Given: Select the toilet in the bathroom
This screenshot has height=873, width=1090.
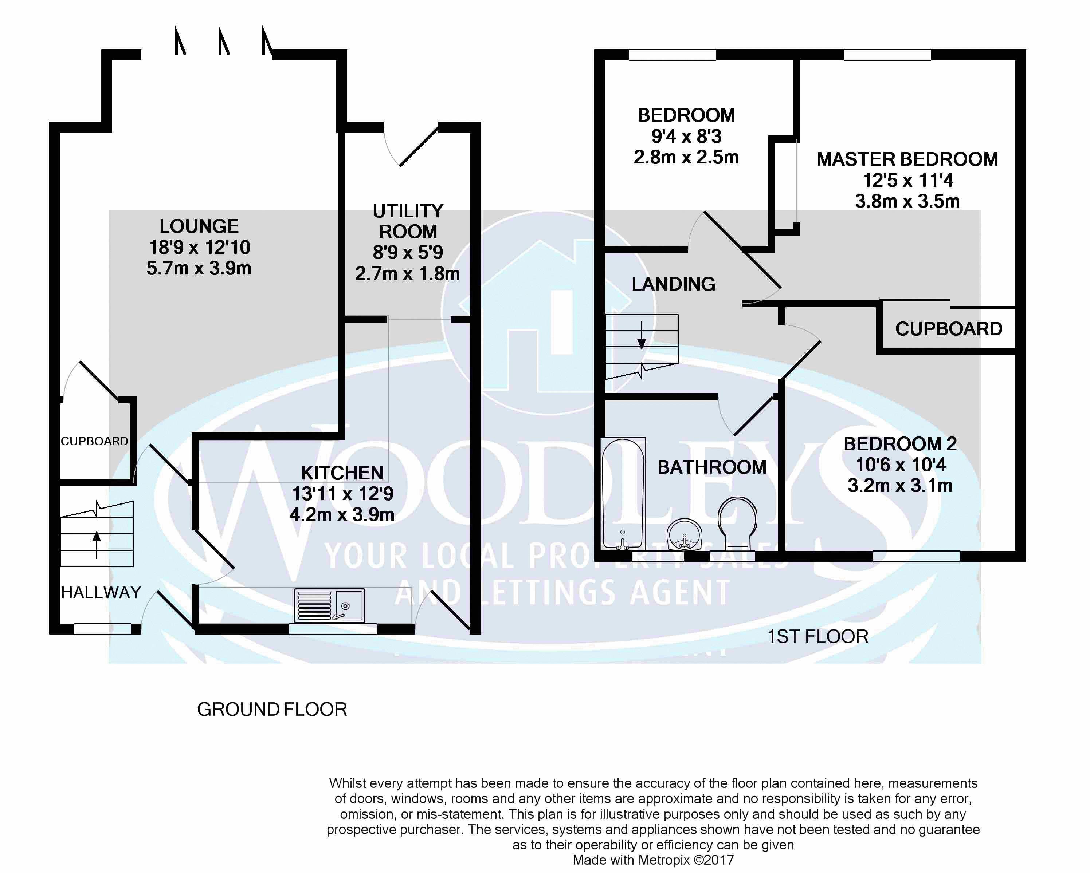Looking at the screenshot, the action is click(x=738, y=524).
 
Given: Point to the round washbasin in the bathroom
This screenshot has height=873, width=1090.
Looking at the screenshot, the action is click(x=684, y=535).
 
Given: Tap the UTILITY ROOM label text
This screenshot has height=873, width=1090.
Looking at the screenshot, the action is click(x=408, y=221).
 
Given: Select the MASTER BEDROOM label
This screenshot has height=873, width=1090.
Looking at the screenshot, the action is click(x=907, y=159).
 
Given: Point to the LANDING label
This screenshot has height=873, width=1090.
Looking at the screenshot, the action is click(x=673, y=284).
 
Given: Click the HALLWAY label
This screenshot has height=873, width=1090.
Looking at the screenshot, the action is click(x=101, y=592).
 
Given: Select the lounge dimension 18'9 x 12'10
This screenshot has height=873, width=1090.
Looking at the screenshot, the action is click(x=199, y=247).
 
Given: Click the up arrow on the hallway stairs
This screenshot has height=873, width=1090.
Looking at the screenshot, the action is click(x=97, y=545).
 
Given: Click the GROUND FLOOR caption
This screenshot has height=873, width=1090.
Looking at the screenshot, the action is click(x=272, y=709).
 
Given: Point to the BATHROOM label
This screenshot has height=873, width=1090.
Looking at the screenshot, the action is click(x=712, y=467).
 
